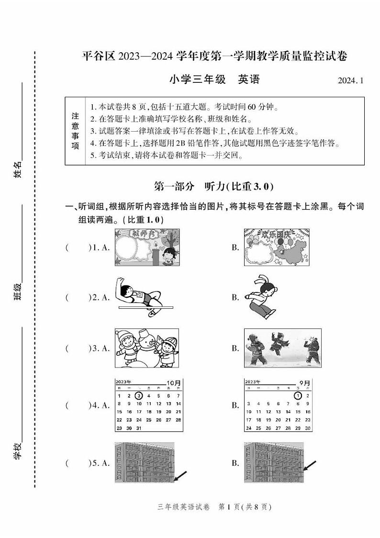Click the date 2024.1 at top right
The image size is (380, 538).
(x=350, y=81)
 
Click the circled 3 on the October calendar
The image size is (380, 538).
(x=139, y=396)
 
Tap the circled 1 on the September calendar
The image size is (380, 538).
(x=298, y=396)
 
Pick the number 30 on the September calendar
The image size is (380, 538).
(x=308, y=428)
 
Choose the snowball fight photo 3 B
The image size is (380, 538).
(x=282, y=348)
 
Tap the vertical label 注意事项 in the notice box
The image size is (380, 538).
(x=75, y=131)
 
